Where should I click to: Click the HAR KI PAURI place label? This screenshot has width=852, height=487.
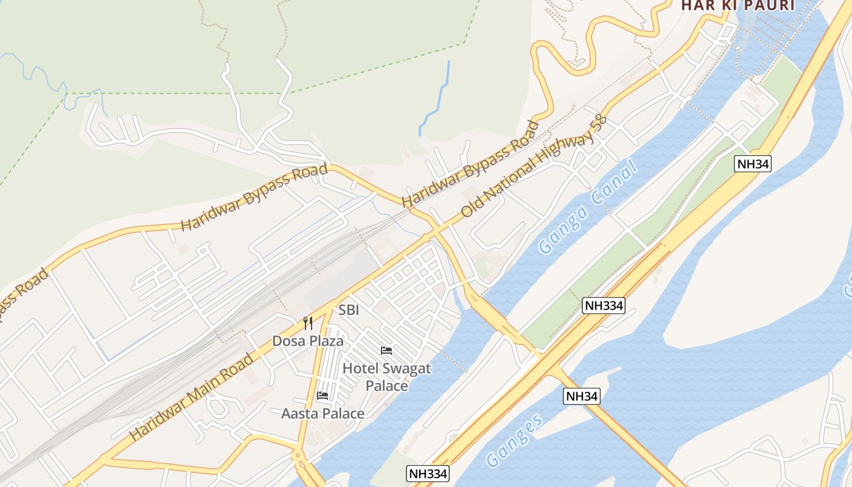(x=738, y=5)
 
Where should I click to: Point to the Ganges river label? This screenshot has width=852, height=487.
(x=515, y=441)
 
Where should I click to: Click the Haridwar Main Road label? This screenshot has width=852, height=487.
(x=192, y=396)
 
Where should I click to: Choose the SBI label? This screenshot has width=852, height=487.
(x=349, y=310)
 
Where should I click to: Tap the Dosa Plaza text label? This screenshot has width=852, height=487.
(x=308, y=341)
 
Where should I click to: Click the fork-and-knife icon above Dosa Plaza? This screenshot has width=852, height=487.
(x=308, y=323)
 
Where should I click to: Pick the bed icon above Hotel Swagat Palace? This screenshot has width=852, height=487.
(x=386, y=351)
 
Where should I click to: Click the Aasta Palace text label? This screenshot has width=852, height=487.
(x=323, y=414)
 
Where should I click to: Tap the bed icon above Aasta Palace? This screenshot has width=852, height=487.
(x=323, y=396)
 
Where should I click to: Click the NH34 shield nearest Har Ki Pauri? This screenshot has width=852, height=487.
(x=753, y=164)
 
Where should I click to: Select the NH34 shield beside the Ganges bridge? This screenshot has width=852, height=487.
(x=581, y=396)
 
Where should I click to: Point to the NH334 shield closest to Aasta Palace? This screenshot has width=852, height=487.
(x=428, y=474)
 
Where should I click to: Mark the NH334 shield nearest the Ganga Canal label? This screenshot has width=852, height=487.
(x=604, y=306)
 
